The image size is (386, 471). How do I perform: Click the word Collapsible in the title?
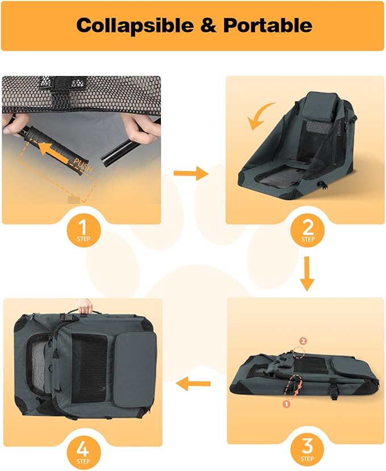pos(135,25)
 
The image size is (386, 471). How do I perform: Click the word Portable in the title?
pos(268,25)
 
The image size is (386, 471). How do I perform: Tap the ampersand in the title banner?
pos(208,25)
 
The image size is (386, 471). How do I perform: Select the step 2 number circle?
pos(307,230)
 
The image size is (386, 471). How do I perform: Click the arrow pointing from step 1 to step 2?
pos(191,173)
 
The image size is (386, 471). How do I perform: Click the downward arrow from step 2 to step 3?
pos(307,273)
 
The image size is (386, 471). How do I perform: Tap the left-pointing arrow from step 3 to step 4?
pos(193,384)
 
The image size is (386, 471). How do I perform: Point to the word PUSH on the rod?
pos(83,165)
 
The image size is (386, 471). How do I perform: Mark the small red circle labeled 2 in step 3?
pos(303,341)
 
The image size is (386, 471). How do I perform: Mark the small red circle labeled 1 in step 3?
pos(286,404)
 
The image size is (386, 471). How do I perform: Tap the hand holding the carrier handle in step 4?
pos(85,306)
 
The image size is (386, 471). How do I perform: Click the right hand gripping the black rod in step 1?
pos(141,128)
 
